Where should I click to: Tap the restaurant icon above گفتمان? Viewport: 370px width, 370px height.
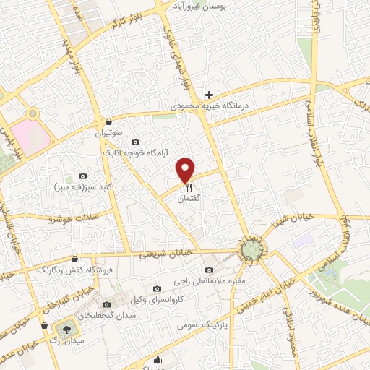click(186, 186)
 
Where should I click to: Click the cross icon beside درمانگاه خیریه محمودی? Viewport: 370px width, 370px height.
click(209, 95)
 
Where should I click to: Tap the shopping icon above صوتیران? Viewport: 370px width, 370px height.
click(108, 121)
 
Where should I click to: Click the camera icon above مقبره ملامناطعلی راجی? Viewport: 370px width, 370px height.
click(209, 270)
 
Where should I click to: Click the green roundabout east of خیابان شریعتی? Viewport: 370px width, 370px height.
click(251, 249)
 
